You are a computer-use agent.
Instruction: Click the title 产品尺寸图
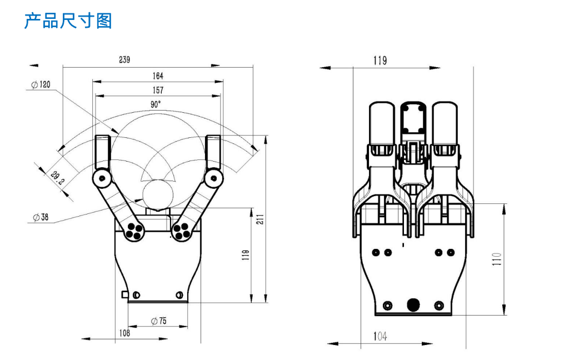(68, 21)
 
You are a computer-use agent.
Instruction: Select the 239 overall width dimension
(124, 60)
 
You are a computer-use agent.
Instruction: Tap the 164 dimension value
(158, 76)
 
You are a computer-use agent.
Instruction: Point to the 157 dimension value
(158, 90)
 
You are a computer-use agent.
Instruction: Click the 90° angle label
(156, 104)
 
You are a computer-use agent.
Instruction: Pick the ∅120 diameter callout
(41, 84)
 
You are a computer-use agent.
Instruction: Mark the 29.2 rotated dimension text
(57, 178)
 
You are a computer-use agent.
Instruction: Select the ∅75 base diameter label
(158, 321)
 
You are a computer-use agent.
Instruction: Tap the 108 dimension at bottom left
(124, 333)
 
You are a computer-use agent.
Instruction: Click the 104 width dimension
(380, 337)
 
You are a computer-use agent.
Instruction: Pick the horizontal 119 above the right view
(380, 61)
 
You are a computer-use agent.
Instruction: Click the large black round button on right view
(413, 304)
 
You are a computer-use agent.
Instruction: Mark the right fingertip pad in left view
(214, 152)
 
